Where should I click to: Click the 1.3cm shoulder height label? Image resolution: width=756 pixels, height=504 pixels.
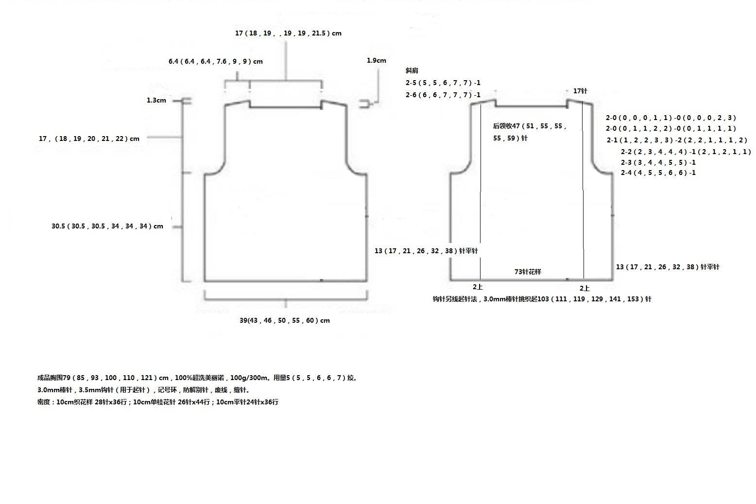point(156,100)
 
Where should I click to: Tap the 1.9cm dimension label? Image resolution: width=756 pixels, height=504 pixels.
point(377,60)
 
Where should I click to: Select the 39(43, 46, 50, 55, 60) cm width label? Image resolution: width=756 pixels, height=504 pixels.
point(285,320)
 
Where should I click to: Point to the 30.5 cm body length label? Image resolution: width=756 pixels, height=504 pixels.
point(107,226)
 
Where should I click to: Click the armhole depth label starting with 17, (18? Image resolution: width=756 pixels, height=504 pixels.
point(89,139)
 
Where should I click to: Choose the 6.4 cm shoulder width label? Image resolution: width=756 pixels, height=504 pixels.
point(216,61)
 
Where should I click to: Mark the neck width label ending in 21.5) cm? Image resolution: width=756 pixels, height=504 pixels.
point(288,33)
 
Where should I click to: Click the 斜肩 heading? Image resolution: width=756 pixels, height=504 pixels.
point(412,70)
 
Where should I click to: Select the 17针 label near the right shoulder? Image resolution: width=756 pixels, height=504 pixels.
point(580,91)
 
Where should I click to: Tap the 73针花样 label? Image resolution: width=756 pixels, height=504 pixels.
point(528,272)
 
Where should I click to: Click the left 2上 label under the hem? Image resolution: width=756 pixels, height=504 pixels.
point(478,287)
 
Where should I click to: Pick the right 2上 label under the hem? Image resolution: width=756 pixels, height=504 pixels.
point(584,288)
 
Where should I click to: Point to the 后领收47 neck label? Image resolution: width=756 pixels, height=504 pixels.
point(530,132)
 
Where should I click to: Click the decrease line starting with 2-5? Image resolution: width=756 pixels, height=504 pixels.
point(443,83)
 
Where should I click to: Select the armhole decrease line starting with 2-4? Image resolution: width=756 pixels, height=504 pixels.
point(658,173)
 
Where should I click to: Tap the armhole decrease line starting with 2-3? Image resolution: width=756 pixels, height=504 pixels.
point(658,162)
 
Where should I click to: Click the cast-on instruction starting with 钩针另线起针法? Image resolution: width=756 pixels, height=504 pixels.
point(542,299)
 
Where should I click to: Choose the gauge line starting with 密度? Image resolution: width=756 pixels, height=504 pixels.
point(158,402)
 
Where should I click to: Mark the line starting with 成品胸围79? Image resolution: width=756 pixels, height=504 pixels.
point(197,378)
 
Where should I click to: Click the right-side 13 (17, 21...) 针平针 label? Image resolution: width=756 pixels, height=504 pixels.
point(668,267)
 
